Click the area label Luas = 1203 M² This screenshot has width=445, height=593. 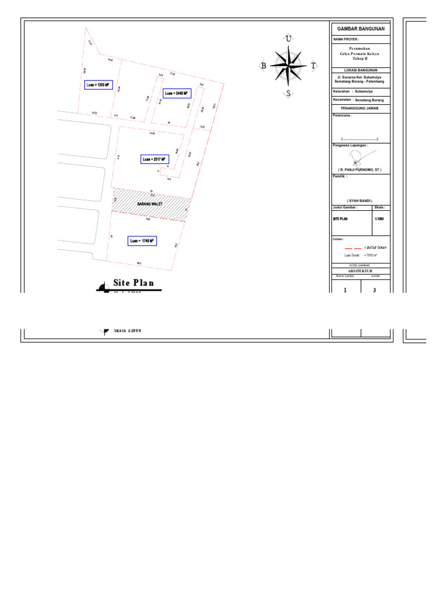(97, 85)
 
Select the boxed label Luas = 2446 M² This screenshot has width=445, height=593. (177, 93)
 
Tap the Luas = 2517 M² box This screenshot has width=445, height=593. (154, 159)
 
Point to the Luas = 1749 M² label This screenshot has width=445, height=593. (142, 241)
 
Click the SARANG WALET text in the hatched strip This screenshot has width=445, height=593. (149, 204)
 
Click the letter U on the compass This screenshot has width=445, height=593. (288, 39)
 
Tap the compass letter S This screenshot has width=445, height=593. (288, 93)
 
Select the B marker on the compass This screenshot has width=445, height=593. (264, 66)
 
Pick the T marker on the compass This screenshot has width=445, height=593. (313, 66)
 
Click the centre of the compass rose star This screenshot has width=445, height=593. (288, 65)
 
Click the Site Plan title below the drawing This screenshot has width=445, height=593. (133, 283)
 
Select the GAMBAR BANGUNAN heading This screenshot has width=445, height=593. (360, 28)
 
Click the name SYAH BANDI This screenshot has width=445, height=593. (360, 200)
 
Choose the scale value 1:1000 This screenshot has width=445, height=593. (379, 219)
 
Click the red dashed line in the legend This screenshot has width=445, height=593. (353, 247)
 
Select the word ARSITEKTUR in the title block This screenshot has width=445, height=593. (360, 270)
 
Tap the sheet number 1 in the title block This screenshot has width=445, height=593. (345, 290)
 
